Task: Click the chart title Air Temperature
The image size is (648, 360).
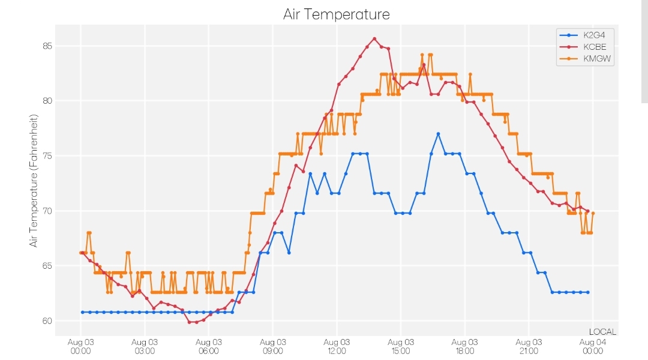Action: click(x=337, y=14)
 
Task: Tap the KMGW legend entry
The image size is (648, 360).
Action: click(x=585, y=59)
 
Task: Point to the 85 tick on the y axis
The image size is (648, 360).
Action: click(x=47, y=46)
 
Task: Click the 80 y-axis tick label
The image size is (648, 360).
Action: click(x=47, y=101)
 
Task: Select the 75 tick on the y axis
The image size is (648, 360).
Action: click(x=47, y=156)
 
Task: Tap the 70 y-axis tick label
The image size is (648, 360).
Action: click(x=47, y=211)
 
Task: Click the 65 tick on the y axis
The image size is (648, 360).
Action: click(x=47, y=266)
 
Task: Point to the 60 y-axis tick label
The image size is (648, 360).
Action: click(x=47, y=321)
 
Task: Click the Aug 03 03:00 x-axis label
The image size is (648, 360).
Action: click(x=145, y=346)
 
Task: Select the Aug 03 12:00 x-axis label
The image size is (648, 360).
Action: click(x=337, y=346)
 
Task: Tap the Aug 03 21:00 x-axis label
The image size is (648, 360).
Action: click(x=529, y=346)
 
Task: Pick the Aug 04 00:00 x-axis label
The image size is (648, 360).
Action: click(x=593, y=346)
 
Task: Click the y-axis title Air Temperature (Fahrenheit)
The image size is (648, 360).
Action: click(x=34, y=181)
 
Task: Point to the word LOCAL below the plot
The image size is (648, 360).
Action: click(x=602, y=332)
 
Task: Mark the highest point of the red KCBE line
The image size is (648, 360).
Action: click(x=374, y=38)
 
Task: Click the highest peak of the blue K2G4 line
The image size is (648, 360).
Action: click(x=438, y=134)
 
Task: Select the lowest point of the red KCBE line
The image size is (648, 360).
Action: click(x=190, y=322)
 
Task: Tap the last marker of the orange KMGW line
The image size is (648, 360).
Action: click(x=593, y=213)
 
